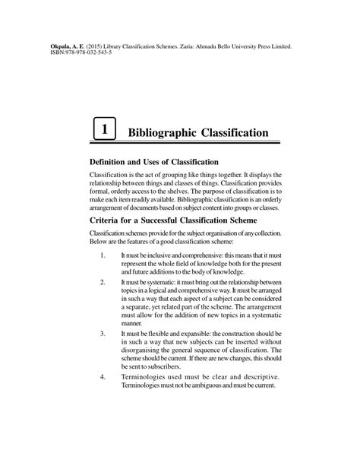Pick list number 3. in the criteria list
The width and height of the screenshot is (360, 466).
pyautogui.click(x=102, y=334)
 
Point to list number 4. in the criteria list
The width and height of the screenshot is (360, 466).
pyautogui.click(x=102, y=377)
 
